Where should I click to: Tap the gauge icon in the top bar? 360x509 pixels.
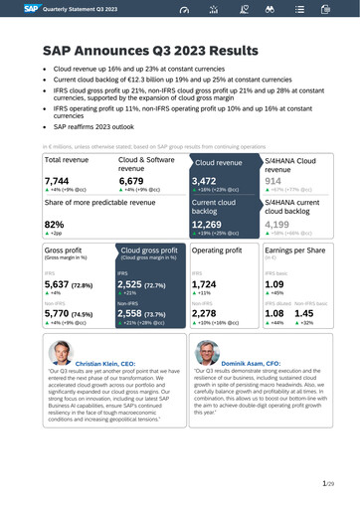[x=182, y=10]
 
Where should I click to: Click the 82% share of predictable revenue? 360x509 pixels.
[x=55, y=224]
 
